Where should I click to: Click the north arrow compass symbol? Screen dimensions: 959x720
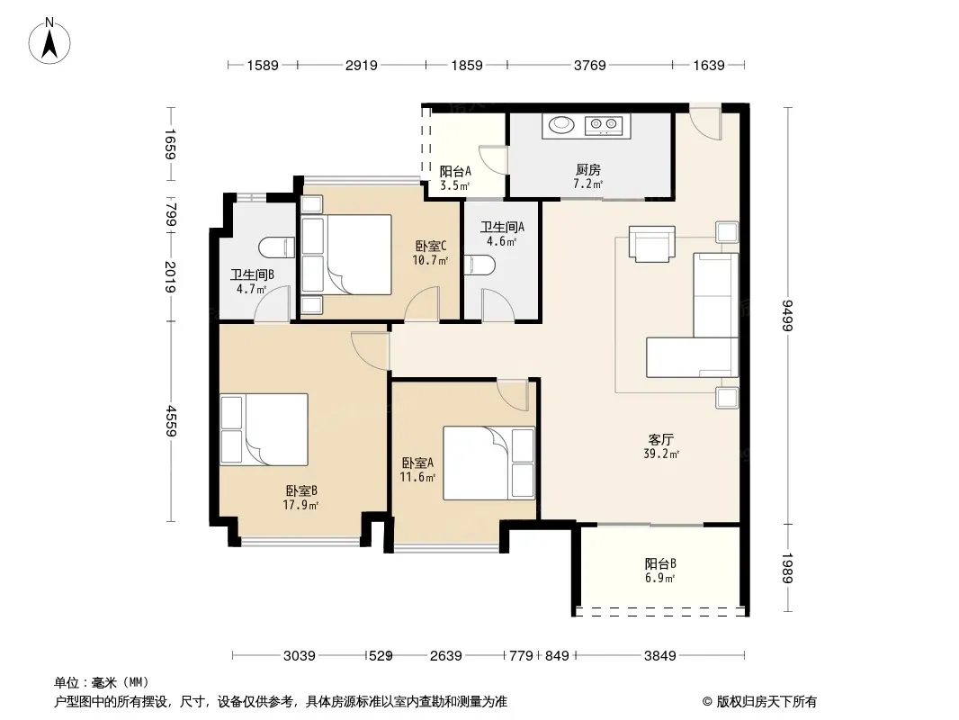pos(49,41)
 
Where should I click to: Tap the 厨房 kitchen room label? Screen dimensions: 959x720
pos(587,169)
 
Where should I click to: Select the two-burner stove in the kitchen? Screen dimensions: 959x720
pos(604,125)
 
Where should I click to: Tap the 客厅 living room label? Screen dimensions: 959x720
pos(660,439)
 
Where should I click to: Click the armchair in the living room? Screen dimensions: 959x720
pos(652,244)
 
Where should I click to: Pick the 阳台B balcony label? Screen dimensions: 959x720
pos(660,563)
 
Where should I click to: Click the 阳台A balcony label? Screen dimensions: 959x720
pos(455,171)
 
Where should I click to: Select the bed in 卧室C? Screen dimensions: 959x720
pos(346,255)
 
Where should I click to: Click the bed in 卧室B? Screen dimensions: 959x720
pos(264,429)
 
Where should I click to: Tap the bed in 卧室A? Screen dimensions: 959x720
pos(489,463)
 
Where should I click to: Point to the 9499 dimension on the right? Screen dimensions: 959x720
pos(788,316)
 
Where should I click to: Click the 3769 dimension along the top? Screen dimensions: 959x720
pos(589,65)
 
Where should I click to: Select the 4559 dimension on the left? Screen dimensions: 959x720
pos(171,421)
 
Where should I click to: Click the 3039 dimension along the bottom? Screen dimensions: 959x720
pos(299,656)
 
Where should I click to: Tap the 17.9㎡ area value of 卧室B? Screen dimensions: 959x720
pos(300,505)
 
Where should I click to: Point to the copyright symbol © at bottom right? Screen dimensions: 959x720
pos(707,702)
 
